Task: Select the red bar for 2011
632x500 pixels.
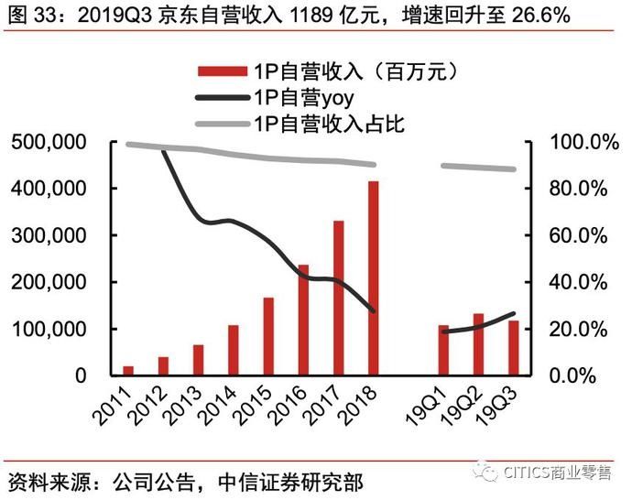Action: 128,370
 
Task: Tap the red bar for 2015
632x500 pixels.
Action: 268,336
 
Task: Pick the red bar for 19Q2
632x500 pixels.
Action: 478,344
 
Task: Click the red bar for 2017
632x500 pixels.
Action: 338,298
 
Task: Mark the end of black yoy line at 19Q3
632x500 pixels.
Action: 513,314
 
